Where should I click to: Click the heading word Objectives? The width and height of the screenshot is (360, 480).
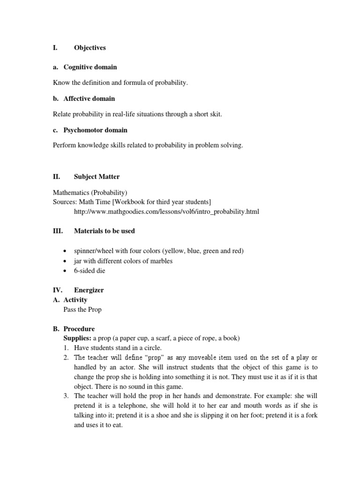point(90,48)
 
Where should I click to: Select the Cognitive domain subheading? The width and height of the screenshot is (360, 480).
point(90,67)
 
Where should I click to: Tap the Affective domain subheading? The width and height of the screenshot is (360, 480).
point(89,98)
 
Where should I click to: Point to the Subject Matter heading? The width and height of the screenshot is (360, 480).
point(97,177)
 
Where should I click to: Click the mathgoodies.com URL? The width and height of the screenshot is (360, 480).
point(166,212)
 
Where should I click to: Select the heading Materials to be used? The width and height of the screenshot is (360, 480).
point(105,231)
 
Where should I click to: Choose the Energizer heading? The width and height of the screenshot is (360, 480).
point(89,290)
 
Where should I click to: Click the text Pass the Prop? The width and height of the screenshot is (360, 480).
point(82,309)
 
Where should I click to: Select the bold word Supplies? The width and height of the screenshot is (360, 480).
point(77,338)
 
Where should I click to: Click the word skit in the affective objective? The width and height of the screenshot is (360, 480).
point(215,114)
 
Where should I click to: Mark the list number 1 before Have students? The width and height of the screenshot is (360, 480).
point(66,348)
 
